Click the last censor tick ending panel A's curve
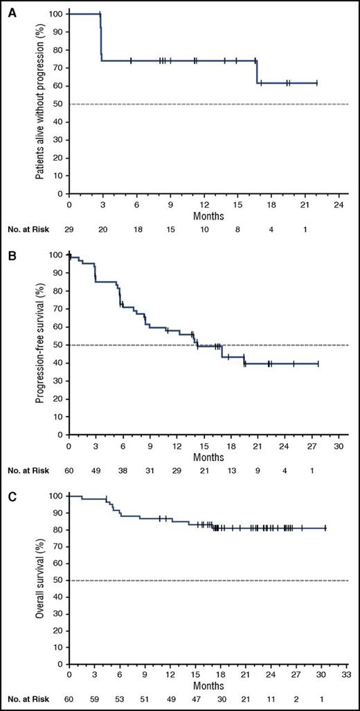click(316, 83)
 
